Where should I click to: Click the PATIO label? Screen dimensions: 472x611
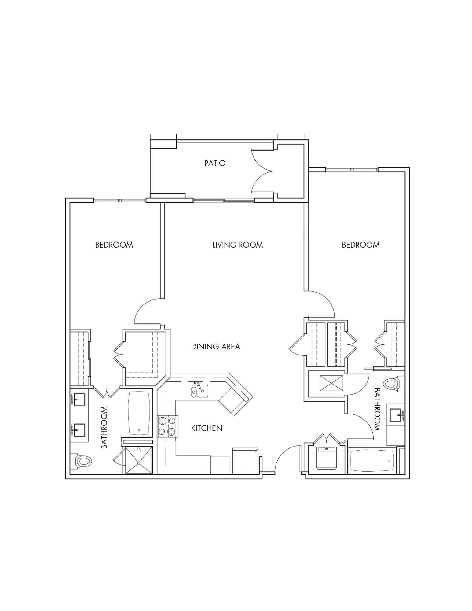pos(215,163)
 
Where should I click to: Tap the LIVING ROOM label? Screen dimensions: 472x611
pos(238,245)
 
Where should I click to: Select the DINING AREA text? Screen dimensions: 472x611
pos(216,347)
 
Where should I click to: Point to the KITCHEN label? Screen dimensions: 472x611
pos(207,428)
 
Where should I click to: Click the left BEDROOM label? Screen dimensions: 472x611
pos(114,245)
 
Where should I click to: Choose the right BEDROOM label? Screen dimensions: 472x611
pos(361,245)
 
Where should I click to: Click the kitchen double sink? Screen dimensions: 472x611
pos(200,391)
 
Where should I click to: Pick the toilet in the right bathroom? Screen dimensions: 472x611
pos(394,383)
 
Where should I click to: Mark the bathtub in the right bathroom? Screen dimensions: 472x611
pos(372,461)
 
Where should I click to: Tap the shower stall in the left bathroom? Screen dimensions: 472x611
pos(139,460)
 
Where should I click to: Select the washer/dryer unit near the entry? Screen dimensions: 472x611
pos(326,458)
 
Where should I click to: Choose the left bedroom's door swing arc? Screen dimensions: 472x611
pos(147,311)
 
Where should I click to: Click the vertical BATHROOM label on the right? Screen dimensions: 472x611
pos(377,410)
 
